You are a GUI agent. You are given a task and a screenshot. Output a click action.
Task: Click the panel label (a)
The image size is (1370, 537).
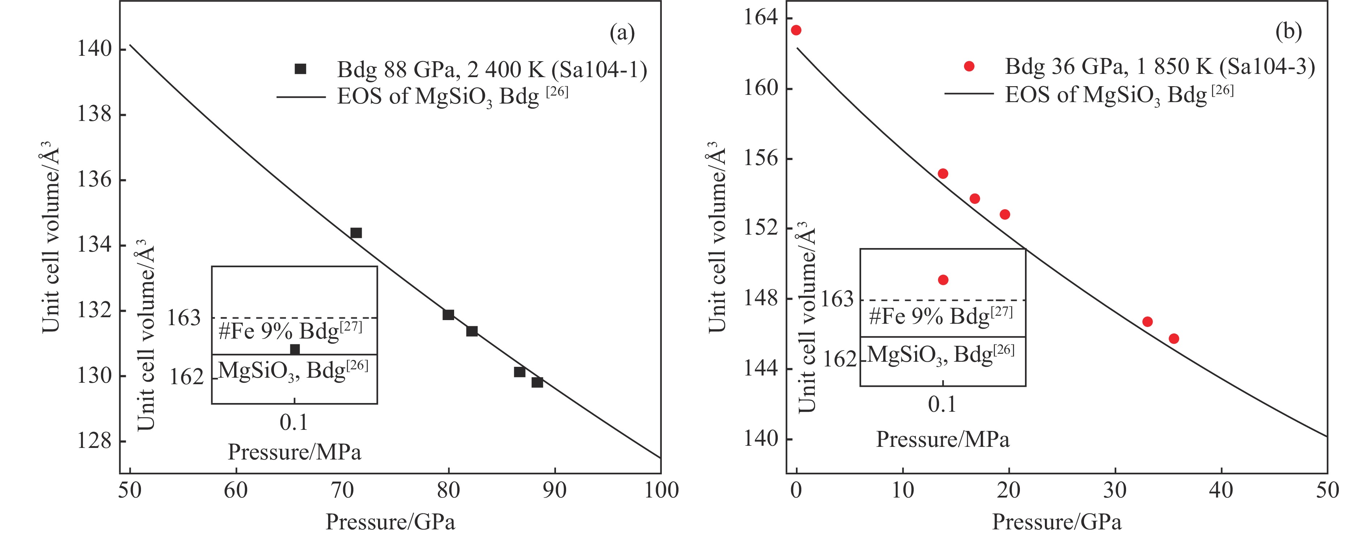coord(622,33)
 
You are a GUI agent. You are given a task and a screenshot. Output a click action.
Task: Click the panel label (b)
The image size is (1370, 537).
coord(1288,32)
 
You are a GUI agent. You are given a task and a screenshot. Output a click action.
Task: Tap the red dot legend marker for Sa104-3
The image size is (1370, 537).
coord(969,66)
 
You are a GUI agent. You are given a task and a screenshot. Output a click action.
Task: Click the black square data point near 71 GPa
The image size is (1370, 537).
coord(356,232)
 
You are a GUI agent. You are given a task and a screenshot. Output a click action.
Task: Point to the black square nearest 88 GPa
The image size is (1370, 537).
coord(537,382)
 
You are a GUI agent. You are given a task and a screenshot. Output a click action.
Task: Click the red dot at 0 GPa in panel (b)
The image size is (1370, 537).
coord(796,30)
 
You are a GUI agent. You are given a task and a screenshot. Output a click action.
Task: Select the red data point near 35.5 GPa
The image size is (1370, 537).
coord(1174,338)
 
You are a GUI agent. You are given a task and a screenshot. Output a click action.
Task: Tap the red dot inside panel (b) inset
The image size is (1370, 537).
coord(943,280)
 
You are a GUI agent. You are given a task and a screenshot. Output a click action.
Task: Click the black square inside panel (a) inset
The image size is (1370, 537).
coord(295,349)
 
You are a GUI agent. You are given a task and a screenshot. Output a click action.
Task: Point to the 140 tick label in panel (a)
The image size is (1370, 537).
coord(95,49)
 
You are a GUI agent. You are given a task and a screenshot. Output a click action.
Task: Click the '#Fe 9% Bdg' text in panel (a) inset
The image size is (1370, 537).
coord(290,331)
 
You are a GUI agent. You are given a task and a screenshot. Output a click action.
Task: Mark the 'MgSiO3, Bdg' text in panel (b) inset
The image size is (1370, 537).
coord(940,354)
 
